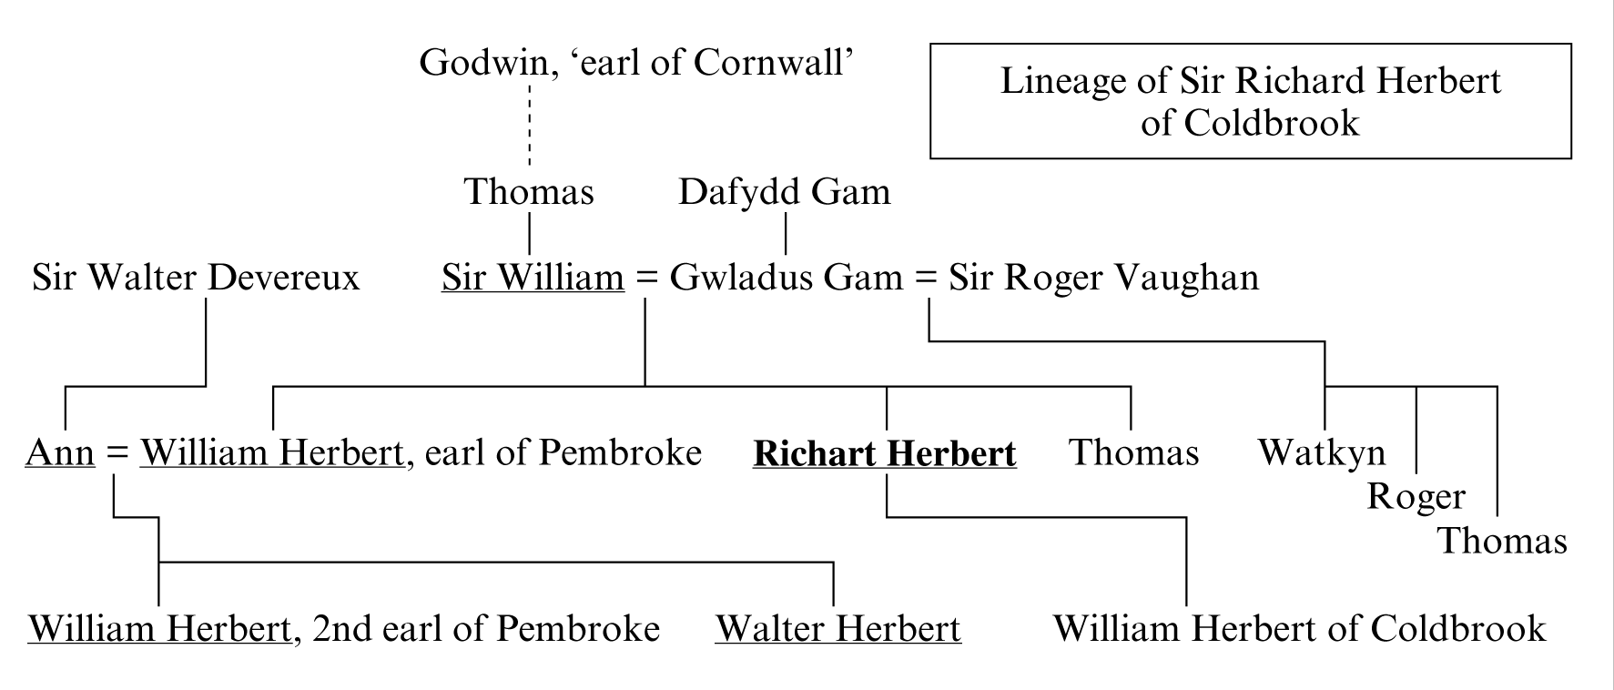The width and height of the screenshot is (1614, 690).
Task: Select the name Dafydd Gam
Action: tap(784, 192)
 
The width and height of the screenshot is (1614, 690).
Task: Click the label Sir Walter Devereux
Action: tap(196, 278)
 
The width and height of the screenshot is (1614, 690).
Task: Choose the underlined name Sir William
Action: tap(533, 278)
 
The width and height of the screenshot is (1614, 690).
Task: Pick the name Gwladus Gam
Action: tap(786, 278)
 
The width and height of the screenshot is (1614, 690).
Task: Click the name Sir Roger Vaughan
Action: tap(1103, 278)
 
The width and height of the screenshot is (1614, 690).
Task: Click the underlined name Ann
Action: tap(60, 452)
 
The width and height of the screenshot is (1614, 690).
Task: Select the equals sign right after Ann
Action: tap(117, 453)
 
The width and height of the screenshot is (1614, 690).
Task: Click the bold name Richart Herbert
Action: tap(884, 453)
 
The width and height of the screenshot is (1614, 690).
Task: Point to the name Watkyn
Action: tap(1322, 452)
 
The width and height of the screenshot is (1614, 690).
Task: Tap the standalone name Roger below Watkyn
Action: tap(1416, 497)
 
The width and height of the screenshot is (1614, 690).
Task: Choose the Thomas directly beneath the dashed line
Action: tap(529, 192)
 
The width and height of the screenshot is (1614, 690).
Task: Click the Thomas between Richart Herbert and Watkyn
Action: tap(1133, 452)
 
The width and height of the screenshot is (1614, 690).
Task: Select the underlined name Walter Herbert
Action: tap(837, 629)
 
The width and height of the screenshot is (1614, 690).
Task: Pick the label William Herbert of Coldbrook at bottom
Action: tap(1299, 629)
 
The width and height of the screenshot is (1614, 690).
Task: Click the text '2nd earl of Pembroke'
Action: tap(485, 629)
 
